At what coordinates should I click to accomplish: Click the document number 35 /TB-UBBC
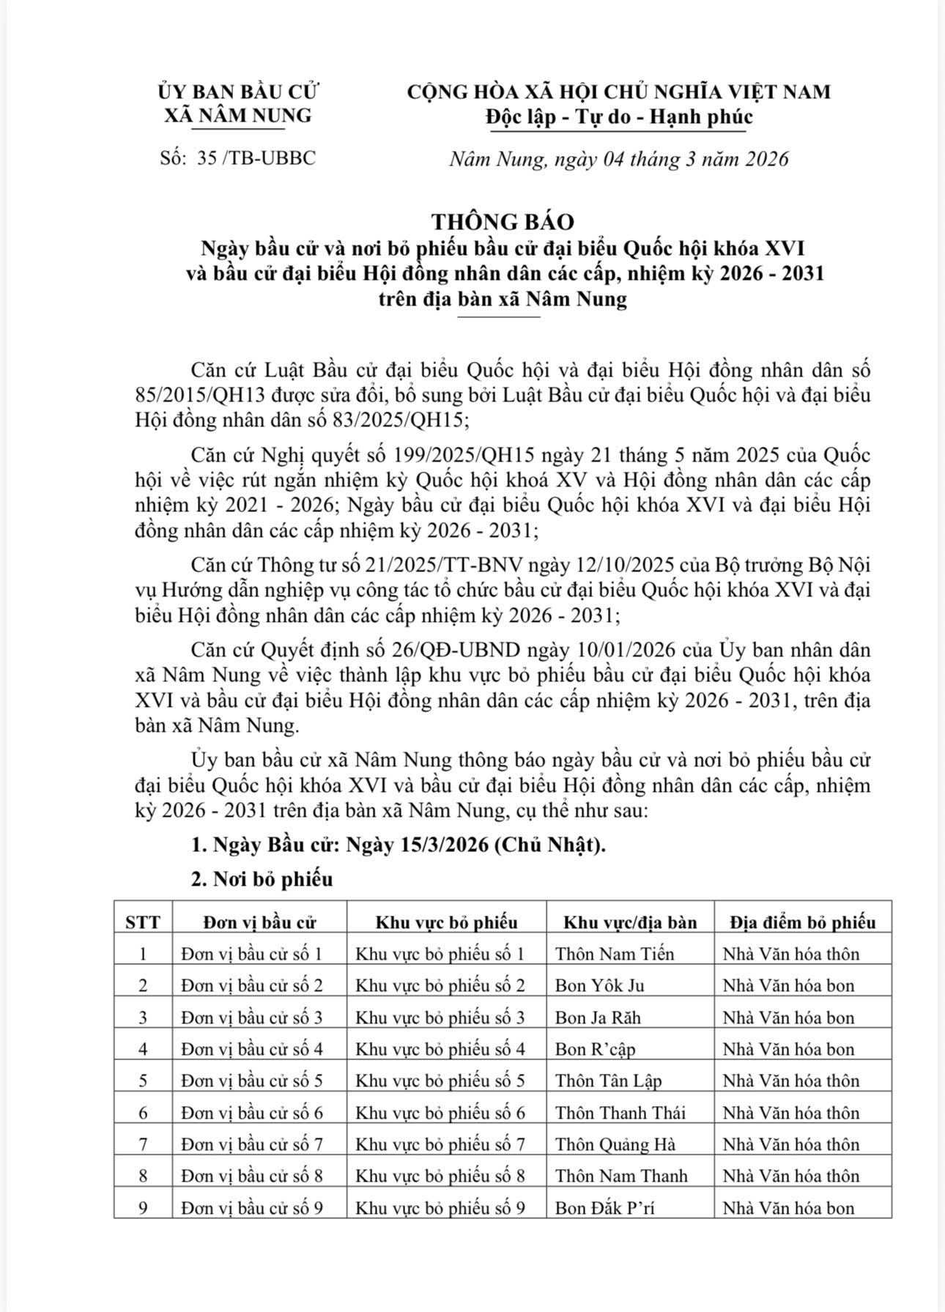coord(256,158)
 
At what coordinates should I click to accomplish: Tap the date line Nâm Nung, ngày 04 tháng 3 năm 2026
coord(618,159)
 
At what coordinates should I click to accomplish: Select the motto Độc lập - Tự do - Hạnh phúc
coord(618,116)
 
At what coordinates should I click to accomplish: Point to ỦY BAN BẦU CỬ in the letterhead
coord(238,92)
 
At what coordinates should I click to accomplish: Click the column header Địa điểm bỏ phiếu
coord(802,922)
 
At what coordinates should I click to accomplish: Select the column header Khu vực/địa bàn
coord(630,922)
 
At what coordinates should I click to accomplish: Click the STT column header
coord(143,922)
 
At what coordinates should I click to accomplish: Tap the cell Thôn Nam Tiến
coord(615,954)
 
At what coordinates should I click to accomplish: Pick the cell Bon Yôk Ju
coord(599,985)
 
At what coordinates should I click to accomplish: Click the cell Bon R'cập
coord(595,1049)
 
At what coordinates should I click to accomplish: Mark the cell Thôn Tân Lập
coord(608,1081)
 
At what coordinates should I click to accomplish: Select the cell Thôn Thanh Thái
coord(620,1113)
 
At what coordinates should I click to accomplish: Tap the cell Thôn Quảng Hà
coord(615,1144)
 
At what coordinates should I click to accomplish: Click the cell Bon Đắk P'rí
coord(604,1208)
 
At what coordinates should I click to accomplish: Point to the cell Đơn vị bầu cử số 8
coord(252,1176)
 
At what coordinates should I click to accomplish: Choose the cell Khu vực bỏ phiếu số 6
coord(440,1113)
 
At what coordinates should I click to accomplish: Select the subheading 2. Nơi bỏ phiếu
coord(262,879)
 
